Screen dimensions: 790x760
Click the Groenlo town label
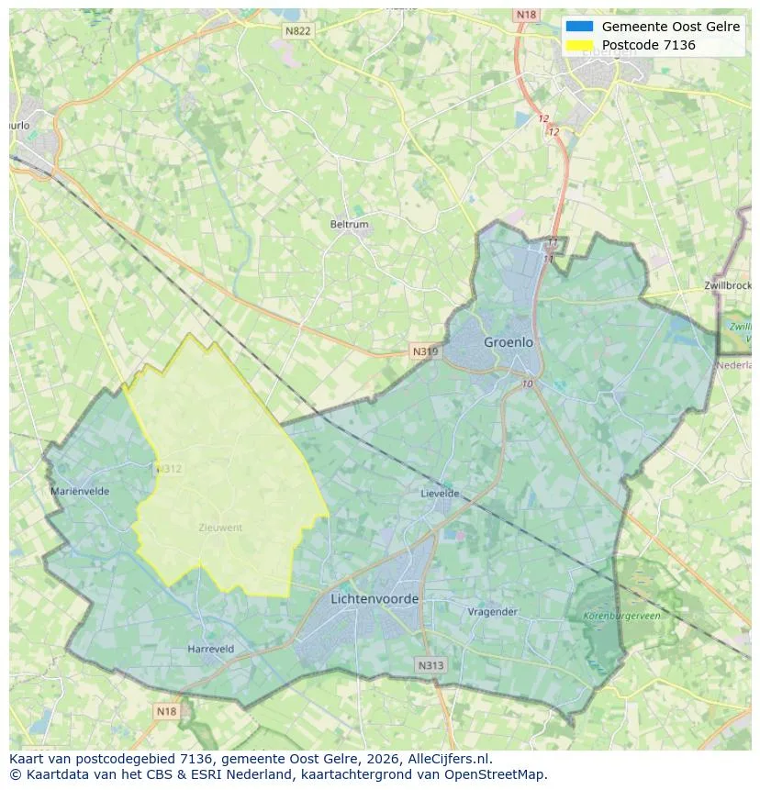point(509,342)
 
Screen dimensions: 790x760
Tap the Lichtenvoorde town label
point(374,599)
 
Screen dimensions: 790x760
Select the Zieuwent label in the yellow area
point(220,528)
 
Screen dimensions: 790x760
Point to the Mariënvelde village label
point(80,491)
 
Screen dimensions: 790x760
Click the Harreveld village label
point(211,649)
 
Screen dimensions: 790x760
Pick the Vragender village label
point(493,611)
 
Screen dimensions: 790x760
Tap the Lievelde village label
point(440,493)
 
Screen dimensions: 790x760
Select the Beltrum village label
point(349,224)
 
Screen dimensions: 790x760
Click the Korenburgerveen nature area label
point(621,616)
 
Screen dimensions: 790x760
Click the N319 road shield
point(425,351)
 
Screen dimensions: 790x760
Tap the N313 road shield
point(430,665)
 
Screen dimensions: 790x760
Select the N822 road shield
point(298,30)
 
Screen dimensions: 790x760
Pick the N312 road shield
point(169,469)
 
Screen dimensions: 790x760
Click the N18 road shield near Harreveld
point(166,711)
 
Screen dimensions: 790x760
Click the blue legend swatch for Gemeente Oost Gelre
point(580,27)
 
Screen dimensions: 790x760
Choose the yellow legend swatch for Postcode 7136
point(580,45)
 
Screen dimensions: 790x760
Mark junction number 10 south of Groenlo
point(527,384)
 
